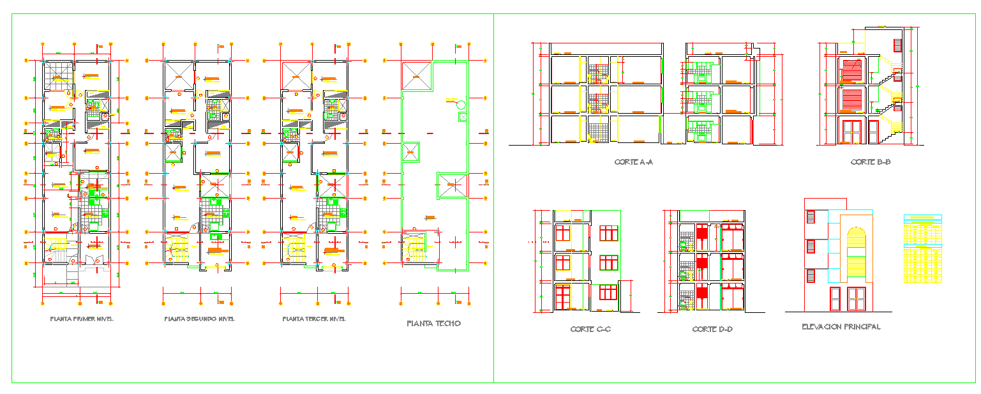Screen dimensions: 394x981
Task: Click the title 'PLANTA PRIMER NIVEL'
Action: (x=81, y=319)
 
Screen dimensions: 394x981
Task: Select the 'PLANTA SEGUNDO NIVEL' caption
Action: (x=199, y=319)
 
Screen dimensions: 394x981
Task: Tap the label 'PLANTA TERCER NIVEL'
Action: (x=314, y=319)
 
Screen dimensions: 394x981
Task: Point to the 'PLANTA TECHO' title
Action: (x=433, y=324)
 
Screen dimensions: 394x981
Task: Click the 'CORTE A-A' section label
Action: (x=634, y=162)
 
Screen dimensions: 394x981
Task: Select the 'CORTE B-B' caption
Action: (x=871, y=162)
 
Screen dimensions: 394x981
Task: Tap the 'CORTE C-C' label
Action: (x=590, y=330)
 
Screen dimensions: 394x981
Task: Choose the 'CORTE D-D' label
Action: (x=712, y=330)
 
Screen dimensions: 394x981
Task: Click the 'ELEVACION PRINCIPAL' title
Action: (x=841, y=327)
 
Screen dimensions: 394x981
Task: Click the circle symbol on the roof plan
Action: (x=461, y=105)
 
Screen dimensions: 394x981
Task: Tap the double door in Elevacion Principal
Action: (x=856, y=299)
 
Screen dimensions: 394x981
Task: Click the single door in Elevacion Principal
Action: (x=835, y=299)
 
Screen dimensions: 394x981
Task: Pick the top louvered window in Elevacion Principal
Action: (x=811, y=217)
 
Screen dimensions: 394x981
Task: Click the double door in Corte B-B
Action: (x=851, y=132)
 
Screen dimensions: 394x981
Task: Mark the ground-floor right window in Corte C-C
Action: (x=608, y=292)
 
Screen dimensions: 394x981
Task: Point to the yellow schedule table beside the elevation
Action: (x=923, y=249)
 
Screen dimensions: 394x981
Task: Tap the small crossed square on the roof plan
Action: (x=462, y=117)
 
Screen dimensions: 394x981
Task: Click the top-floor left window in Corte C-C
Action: (x=563, y=232)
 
